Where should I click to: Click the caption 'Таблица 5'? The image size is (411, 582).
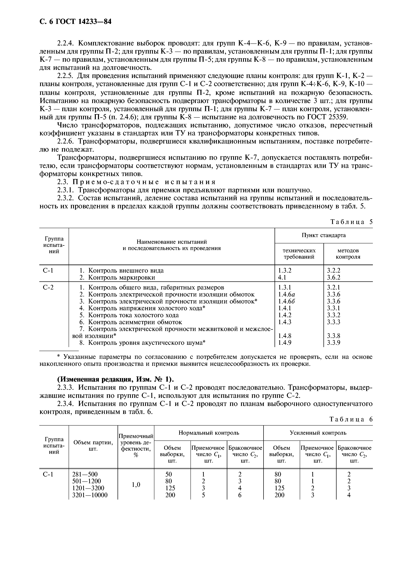pos(351,222)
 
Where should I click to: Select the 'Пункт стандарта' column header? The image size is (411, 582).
pos(323,235)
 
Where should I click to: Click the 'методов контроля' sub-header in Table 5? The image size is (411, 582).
pos(348,254)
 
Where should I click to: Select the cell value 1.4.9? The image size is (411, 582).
pos(285,343)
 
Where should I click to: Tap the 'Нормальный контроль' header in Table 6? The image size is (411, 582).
pos(209,433)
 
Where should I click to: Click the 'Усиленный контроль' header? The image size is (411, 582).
pos(318,433)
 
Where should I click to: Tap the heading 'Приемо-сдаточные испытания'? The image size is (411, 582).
pos(144,182)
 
